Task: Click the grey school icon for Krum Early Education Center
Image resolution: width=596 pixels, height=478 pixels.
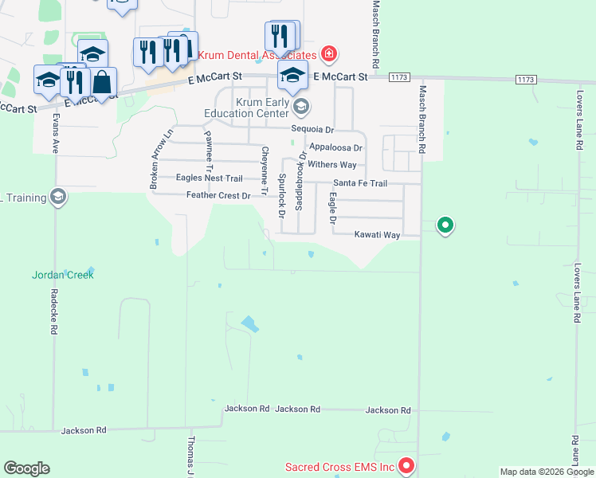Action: click(301, 106)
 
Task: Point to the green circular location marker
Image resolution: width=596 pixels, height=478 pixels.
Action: click(445, 226)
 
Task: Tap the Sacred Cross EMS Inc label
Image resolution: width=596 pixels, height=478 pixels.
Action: click(341, 465)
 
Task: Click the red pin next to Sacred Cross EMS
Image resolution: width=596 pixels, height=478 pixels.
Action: click(406, 464)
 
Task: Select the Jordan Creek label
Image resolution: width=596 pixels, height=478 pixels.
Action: click(63, 275)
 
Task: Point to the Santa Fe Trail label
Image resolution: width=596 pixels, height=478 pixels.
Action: click(360, 183)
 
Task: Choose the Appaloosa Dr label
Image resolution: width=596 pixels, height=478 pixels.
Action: click(336, 147)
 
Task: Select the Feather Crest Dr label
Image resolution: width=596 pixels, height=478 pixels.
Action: click(218, 195)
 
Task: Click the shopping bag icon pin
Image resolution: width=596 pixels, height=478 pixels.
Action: click(103, 81)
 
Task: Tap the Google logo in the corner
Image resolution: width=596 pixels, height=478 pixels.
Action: click(26, 468)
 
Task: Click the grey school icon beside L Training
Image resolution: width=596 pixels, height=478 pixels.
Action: click(57, 196)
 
